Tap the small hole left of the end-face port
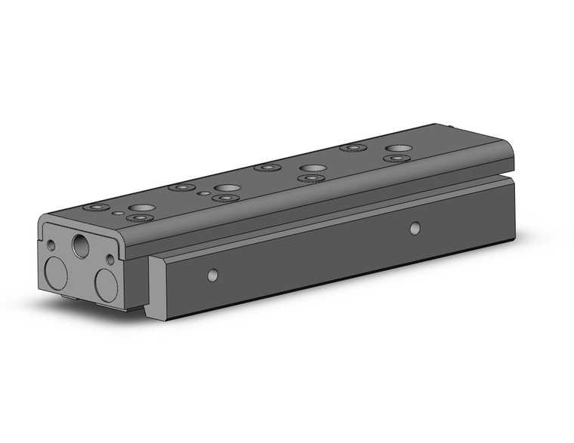click(x=51, y=245)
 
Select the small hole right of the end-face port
click(x=110, y=259)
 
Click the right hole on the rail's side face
click(x=414, y=226)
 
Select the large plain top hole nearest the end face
click(x=139, y=207)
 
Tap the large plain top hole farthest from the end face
click(x=397, y=148)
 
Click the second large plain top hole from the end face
click(x=225, y=187)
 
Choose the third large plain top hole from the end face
click(x=310, y=168)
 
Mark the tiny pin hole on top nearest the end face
click(x=118, y=214)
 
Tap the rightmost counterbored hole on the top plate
click(x=395, y=159)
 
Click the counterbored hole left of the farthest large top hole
click(x=350, y=147)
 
